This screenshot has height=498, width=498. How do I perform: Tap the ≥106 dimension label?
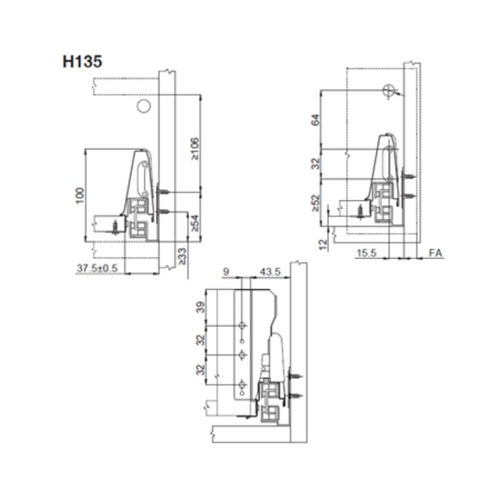click(195, 148)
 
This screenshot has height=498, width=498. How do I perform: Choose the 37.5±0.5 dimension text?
click(97, 268)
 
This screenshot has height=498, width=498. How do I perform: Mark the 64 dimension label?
click(315, 120)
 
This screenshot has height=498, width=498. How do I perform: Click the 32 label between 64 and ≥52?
click(315, 164)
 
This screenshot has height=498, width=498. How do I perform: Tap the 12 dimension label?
click(322, 245)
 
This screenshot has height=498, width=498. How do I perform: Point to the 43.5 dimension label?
click(270, 272)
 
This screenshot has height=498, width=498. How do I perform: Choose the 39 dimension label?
click(200, 308)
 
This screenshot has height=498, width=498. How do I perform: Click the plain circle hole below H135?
click(143, 106)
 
